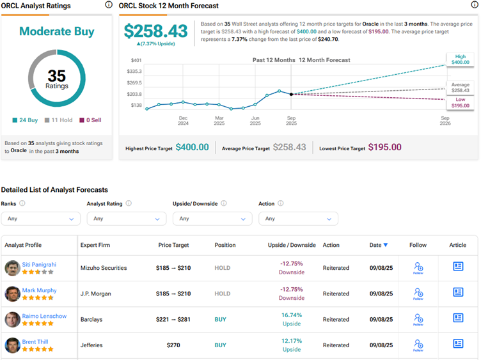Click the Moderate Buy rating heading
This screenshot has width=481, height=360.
56,31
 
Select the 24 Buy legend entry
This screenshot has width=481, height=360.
26,120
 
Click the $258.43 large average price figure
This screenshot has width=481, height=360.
155,31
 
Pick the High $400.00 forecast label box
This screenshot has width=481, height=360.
460,59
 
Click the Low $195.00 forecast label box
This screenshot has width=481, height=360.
460,102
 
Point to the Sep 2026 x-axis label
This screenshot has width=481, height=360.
445,121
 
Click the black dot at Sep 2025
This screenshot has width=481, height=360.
292,94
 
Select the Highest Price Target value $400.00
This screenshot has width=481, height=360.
192,147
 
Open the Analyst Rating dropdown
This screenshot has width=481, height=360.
127,219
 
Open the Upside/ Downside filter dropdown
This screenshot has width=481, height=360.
212,219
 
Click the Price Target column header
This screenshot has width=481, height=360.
173,245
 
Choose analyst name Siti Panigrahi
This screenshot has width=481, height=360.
39,263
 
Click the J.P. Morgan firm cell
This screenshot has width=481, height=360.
95,294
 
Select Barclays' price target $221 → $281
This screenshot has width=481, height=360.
173,320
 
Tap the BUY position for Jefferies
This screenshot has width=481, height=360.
221,345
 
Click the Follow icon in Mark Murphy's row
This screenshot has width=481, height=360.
418,293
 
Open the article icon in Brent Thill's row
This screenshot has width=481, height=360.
458,343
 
